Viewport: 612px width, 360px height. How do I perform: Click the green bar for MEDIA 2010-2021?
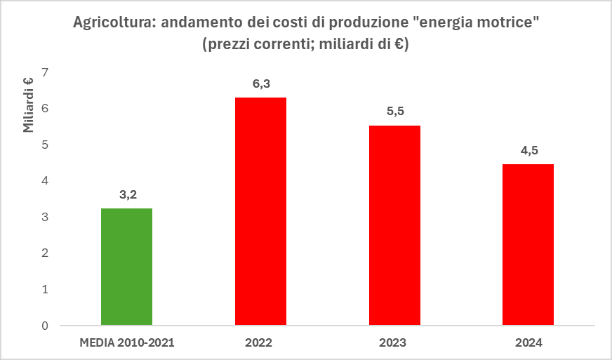126,267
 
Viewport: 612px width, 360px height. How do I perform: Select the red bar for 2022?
260,211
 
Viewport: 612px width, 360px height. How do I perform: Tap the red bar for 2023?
394,225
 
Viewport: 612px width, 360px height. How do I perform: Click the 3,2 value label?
126,194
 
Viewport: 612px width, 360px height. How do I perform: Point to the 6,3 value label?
260,84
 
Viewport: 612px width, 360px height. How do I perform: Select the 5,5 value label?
394,112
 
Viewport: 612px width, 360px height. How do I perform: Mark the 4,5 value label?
528,150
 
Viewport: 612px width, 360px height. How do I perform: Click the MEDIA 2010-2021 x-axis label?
126,343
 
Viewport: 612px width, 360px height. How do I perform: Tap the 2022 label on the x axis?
260,343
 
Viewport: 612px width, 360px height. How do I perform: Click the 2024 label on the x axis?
528,343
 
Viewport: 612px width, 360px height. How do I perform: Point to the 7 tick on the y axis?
45,72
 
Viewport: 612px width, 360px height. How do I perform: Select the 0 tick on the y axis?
45,326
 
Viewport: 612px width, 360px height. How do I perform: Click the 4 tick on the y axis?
45,181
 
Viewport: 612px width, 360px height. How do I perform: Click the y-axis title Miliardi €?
29,104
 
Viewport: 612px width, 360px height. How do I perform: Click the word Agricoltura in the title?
112,23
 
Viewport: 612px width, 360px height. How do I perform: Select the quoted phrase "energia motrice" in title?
476,23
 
